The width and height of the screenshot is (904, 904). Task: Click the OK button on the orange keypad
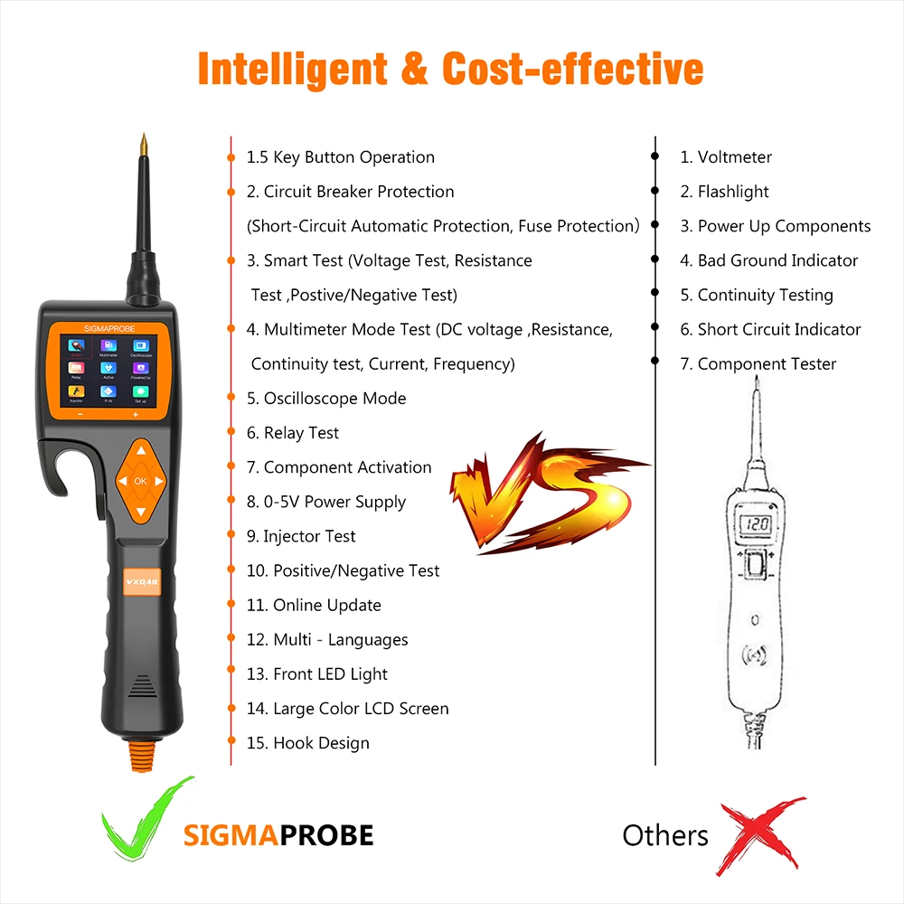click(x=140, y=482)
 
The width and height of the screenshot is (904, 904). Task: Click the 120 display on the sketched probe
click(x=756, y=523)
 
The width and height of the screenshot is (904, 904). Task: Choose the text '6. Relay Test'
click(x=293, y=433)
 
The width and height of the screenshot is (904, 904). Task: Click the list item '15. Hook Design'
click(x=308, y=743)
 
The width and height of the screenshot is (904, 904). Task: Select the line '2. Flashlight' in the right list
click(x=724, y=192)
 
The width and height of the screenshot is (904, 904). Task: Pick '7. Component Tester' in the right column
click(x=758, y=364)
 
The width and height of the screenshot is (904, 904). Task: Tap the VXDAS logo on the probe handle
click(x=140, y=582)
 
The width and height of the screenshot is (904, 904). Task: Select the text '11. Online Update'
click(x=314, y=606)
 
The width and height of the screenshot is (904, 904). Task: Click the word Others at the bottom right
click(x=665, y=835)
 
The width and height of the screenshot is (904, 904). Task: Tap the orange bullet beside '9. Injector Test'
click(x=231, y=536)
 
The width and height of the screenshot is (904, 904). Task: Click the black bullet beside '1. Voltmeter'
click(x=654, y=157)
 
